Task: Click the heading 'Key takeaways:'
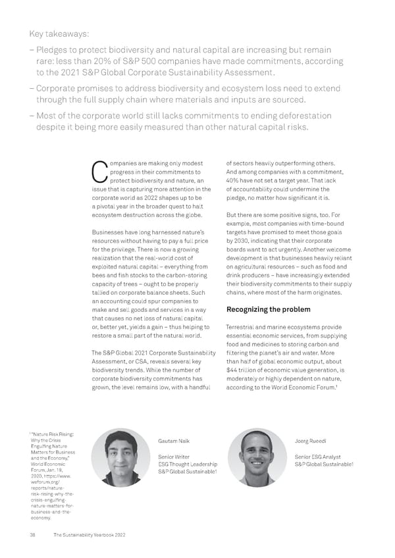coord(59,34)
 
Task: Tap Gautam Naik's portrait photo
coord(120,457)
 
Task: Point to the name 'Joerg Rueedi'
coord(312,440)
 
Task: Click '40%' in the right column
coord(233,181)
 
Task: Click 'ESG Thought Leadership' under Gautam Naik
coord(188,465)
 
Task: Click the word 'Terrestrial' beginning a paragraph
coord(241,327)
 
